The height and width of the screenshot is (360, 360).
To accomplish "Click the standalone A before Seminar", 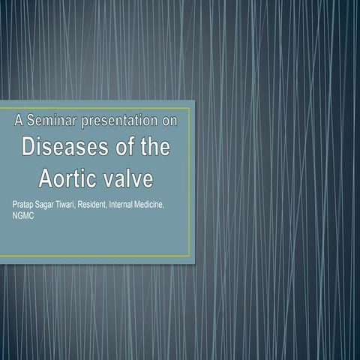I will coord(19,119).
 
